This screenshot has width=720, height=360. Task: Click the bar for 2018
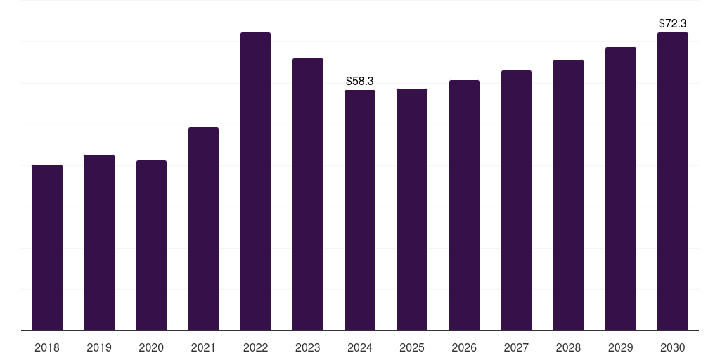click(47, 247)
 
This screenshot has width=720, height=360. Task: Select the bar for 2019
click(99, 243)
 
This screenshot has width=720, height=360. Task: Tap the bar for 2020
click(151, 245)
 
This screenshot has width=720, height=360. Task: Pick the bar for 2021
click(203, 229)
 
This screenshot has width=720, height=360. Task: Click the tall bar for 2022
click(255, 181)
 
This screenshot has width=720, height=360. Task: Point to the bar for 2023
click(308, 194)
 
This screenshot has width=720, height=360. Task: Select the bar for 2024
click(360, 210)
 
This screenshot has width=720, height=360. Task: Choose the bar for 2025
click(412, 210)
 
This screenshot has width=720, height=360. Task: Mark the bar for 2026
click(464, 205)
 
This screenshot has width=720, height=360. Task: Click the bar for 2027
click(516, 200)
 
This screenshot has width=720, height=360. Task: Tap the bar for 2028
click(568, 195)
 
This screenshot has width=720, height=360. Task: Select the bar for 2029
click(621, 188)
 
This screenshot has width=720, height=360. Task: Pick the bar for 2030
click(673, 181)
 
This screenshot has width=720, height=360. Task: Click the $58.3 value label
click(360, 82)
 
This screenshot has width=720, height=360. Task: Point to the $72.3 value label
click(673, 23)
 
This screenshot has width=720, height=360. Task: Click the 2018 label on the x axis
click(47, 347)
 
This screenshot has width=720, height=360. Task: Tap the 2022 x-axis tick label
click(255, 347)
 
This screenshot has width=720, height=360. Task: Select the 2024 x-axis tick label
click(360, 347)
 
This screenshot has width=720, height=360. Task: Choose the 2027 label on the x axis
click(516, 347)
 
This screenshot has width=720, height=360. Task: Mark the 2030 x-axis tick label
click(673, 347)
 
